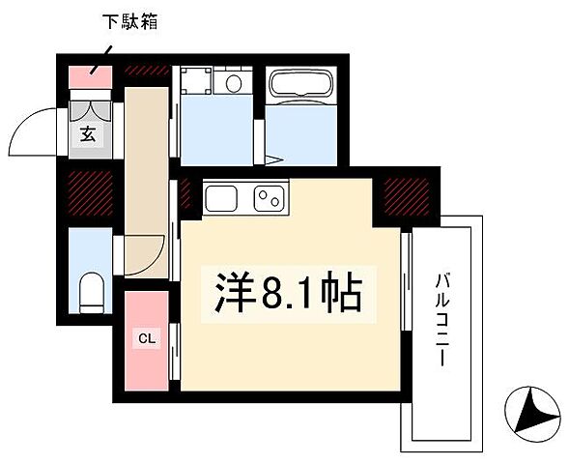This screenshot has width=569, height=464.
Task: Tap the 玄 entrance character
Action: coord(87,133)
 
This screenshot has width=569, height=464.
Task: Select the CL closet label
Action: coord(146,338)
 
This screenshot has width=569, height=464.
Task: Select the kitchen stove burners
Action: coord(270,200)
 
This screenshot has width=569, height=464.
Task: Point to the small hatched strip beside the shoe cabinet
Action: coord(146,71)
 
